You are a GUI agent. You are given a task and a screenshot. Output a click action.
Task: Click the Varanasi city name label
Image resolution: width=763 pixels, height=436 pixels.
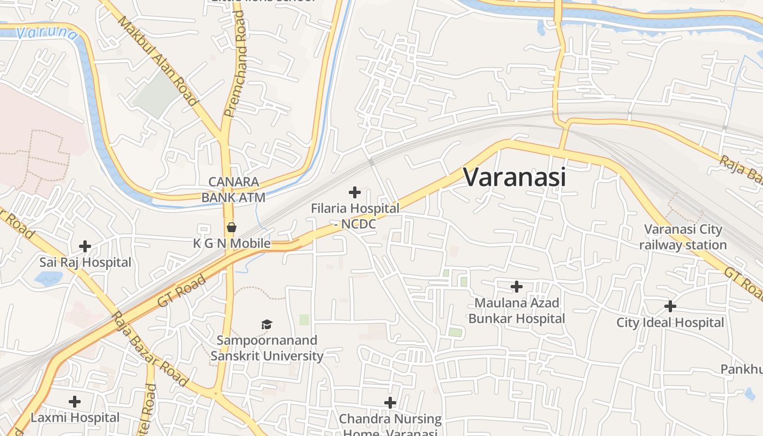514,177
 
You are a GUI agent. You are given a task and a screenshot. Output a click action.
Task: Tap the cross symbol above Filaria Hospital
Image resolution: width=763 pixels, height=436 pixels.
355,192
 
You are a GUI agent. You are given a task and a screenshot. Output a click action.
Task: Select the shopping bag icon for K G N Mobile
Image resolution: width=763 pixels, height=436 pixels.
232,227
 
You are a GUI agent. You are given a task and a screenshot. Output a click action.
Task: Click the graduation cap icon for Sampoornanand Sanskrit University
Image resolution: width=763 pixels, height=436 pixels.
267,325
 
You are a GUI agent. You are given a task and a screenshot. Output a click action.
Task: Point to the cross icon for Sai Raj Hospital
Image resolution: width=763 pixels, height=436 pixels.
85,246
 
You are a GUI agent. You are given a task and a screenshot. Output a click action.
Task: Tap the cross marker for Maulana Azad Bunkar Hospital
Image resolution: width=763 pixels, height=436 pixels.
517,286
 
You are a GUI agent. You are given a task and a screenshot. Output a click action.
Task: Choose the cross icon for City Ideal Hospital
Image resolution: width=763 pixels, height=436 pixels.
670,306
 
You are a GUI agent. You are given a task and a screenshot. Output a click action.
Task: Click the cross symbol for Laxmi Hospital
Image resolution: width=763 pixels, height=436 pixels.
75,402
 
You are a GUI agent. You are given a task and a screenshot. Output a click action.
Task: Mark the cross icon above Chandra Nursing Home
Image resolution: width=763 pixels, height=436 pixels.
390,403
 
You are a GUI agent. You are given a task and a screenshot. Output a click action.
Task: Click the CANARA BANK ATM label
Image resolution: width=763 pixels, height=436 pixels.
233,189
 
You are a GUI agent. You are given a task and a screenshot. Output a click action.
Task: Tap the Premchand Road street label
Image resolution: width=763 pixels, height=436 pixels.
237,64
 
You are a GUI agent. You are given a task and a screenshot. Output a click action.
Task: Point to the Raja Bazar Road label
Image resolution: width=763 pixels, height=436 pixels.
149,349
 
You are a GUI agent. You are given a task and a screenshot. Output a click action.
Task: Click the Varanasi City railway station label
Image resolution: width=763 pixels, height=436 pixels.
683,237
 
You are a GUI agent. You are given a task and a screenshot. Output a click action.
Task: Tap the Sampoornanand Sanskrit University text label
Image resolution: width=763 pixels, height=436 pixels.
267,348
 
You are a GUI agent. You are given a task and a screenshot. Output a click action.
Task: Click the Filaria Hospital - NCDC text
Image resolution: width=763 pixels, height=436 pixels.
355,216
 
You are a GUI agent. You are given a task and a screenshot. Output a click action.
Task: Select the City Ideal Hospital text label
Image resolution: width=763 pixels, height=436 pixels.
670,323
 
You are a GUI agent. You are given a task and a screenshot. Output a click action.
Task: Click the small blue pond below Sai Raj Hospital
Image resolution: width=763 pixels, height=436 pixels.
48,278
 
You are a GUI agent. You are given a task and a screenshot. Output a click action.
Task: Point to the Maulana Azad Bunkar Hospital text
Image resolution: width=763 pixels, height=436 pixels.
517,310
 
